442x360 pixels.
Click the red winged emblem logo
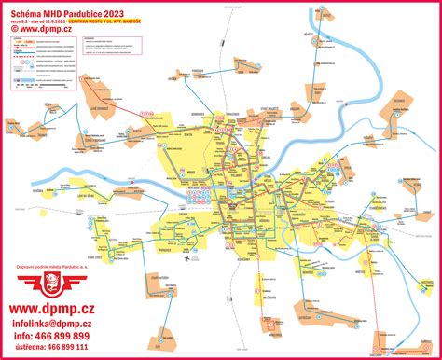[x=54, y=284]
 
